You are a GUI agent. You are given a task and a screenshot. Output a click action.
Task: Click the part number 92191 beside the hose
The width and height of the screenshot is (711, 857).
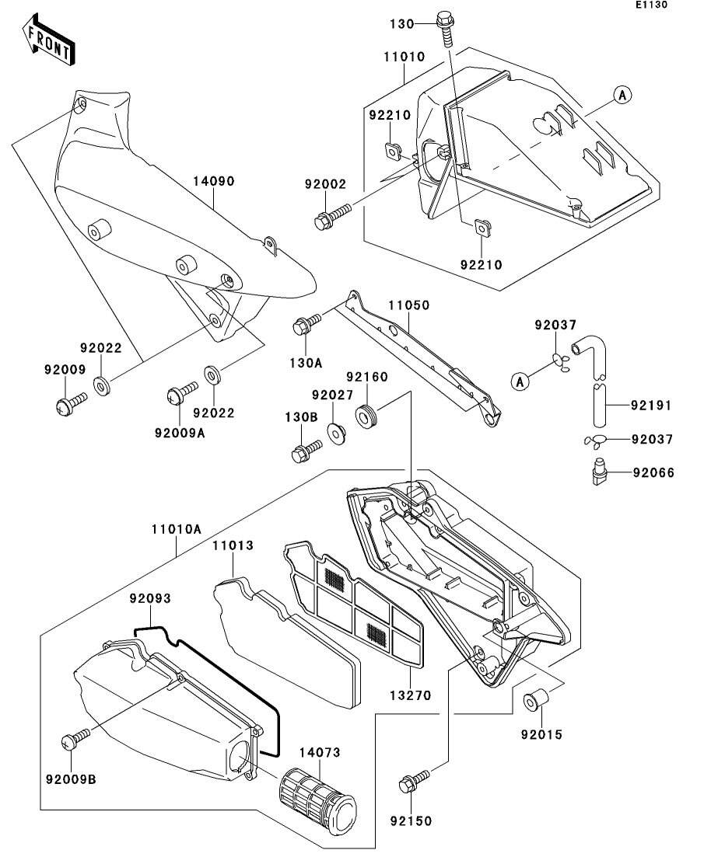651,406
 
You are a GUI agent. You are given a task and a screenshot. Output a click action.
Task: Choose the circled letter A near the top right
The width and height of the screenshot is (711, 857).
622,95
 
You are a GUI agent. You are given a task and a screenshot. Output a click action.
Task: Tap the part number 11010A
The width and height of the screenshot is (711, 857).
177,529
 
